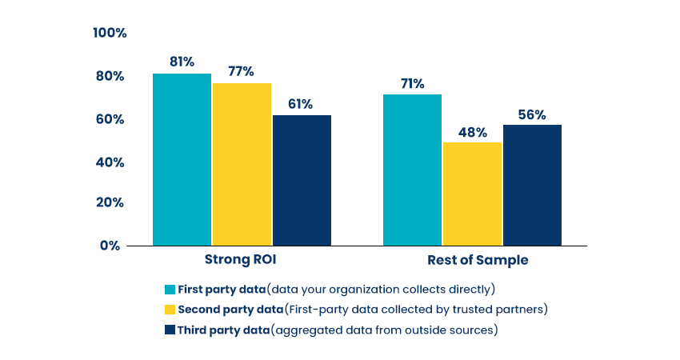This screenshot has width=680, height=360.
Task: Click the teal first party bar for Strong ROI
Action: tap(182, 159)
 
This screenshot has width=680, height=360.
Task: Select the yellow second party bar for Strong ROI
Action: tap(242, 164)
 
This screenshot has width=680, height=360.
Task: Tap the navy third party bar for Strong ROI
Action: tap(302, 180)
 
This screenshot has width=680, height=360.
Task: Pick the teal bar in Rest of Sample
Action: tap(412, 170)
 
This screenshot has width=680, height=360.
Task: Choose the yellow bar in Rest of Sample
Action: tap(472, 194)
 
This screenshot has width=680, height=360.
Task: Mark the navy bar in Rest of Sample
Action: tap(532, 185)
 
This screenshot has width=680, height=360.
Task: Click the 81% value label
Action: tap(182, 61)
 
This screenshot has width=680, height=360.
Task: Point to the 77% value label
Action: tap(241, 71)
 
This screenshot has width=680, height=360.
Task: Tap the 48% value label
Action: tap(472, 132)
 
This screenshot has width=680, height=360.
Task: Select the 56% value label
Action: tap(531, 114)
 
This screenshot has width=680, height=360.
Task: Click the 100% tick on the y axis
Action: tap(110, 33)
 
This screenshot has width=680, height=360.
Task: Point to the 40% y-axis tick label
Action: tap(110, 162)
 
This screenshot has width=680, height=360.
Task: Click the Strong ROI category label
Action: tap(241, 259)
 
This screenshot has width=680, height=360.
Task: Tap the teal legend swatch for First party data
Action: tap(170, 289)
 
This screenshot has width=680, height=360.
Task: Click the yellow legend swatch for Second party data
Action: tap(170, 310)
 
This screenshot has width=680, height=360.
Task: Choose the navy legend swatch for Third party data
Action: tap(170, 330)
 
